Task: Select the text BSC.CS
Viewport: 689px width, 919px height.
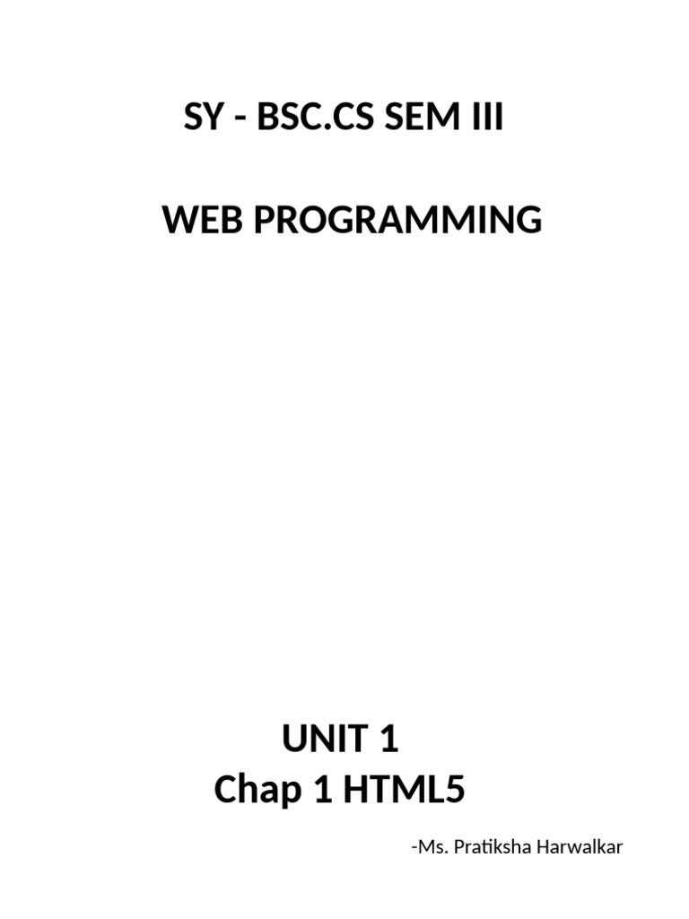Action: (x=315, y=117)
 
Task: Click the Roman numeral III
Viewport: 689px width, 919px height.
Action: (x=487, y=117)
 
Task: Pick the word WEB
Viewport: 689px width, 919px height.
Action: (x=203, y=220)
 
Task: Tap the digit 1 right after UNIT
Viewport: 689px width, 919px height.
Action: (x=389, y=739)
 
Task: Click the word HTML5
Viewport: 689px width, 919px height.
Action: (x=405, y=790)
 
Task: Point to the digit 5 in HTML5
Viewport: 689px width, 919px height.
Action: (x=455, y=790)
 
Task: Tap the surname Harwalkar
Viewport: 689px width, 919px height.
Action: (x=580, y=847)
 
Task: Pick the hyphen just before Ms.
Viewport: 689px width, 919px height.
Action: (x=414, y=849)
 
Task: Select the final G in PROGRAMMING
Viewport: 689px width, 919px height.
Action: (x=529, y=220)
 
